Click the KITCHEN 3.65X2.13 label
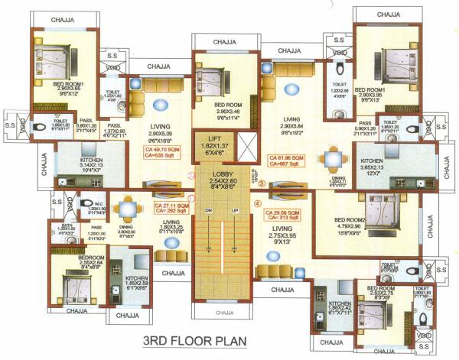point(376,162)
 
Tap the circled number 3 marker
point(261,183)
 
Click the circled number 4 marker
point(257,204)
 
